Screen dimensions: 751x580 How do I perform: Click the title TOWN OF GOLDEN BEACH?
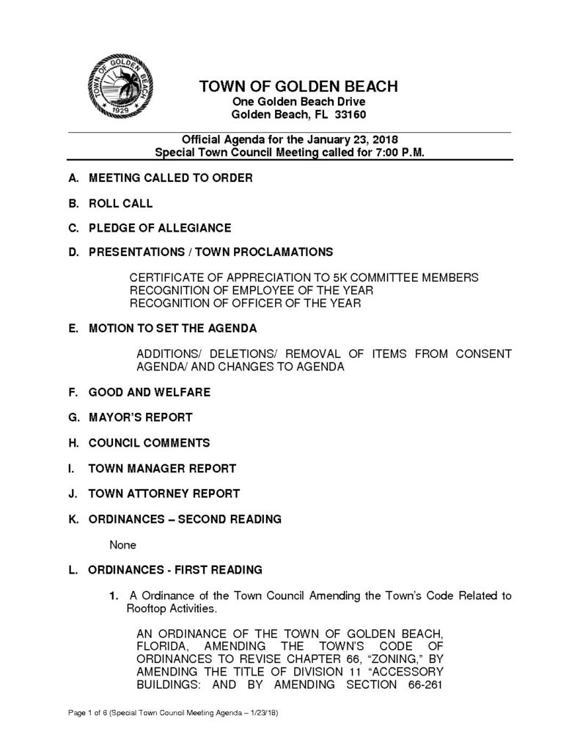point(298,87)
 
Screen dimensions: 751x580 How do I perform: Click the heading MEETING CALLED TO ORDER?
point(170,178)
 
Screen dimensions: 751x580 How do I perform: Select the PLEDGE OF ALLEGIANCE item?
point(159,227)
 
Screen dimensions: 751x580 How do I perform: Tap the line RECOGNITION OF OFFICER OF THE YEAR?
point(245,304)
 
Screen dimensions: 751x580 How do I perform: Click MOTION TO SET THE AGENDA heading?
point(172,329)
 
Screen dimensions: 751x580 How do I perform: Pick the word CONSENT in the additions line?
point(476,353)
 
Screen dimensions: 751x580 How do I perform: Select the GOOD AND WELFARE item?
point(149,392)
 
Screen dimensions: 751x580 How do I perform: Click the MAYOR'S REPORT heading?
point(140,417)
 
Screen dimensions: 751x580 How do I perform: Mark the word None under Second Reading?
point(122,545)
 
